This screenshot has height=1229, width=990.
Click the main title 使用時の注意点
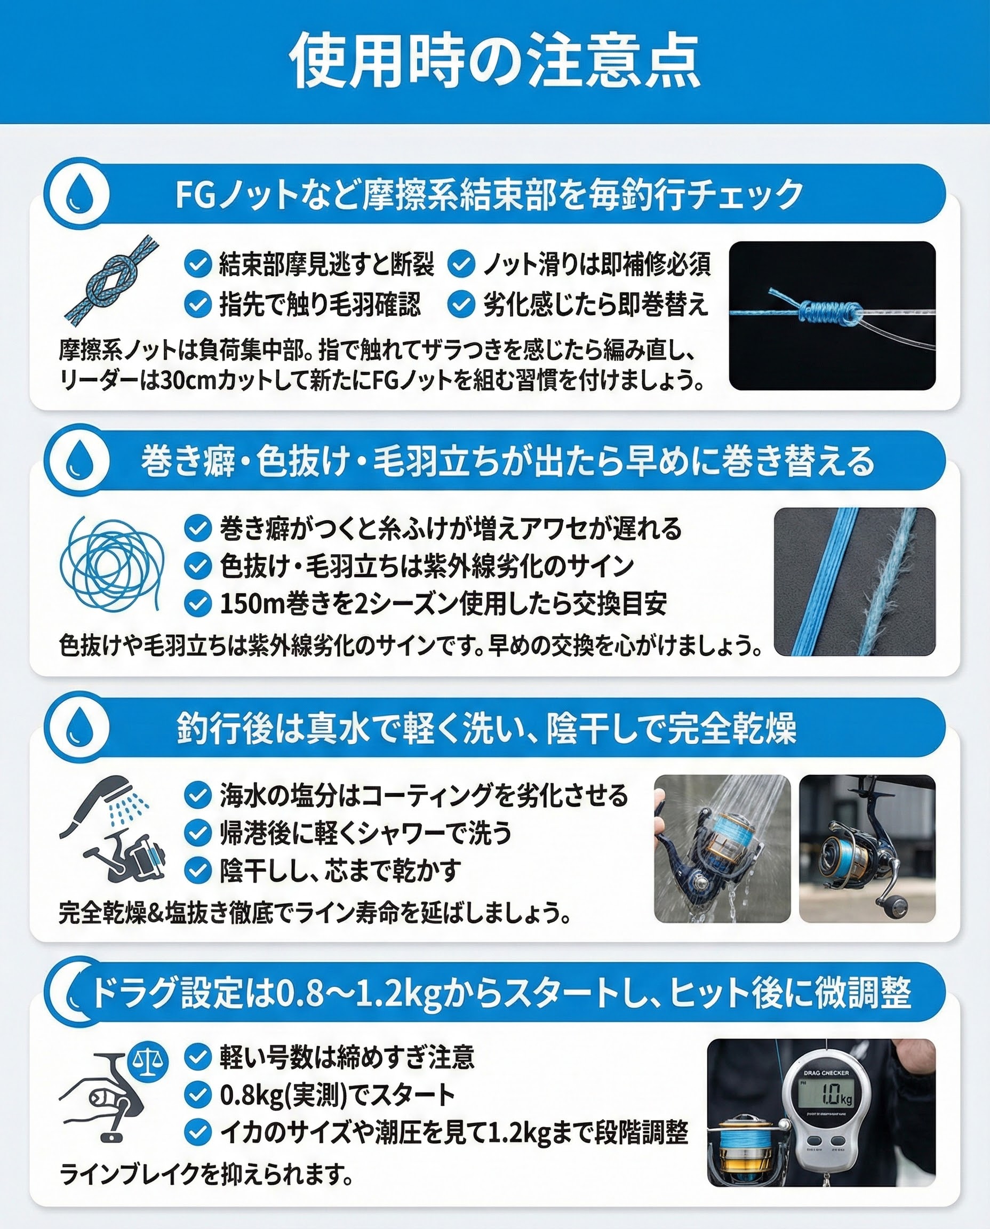pos(494,61)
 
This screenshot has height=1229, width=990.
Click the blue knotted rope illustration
pos(110,278)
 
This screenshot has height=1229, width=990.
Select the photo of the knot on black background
pos(832,315)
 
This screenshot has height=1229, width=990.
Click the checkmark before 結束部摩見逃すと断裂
pos(198,264)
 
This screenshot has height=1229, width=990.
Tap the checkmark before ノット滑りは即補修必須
pos(461,264)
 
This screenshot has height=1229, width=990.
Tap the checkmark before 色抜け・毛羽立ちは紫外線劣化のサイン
pos(198,566)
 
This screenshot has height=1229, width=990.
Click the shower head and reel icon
pos(113,828)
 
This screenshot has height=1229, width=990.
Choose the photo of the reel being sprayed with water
pos(722,848)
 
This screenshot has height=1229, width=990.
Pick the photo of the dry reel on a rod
pos(867,848)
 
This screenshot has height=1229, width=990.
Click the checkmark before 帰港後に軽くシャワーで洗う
pos(198,833)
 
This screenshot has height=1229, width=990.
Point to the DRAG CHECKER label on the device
pos(826,1073)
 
